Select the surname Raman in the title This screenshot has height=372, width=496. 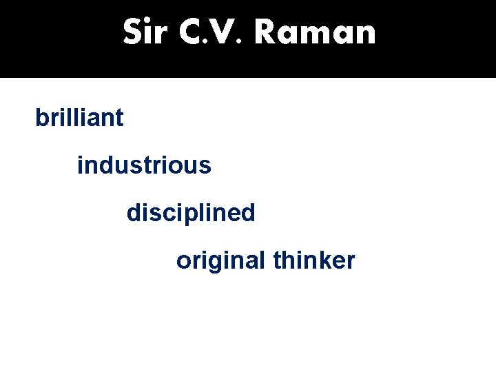(314, 32)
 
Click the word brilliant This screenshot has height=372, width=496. (79, 118)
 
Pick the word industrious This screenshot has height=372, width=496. (144, 165)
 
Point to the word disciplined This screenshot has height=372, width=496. (191, 213)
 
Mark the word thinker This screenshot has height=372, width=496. (314, 260)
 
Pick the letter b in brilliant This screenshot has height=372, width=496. (41, 118)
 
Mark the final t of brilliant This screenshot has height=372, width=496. (120, 118)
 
